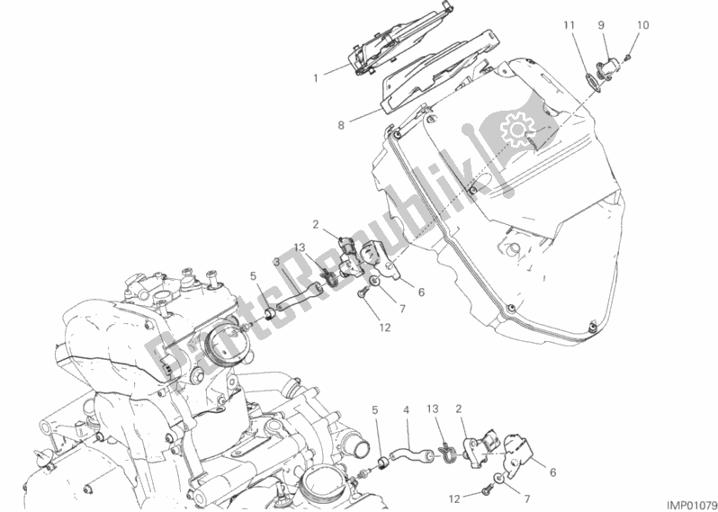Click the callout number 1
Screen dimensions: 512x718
pos(316,77)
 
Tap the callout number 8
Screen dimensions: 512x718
pos(341,125)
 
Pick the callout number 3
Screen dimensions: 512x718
pos(277,262)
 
